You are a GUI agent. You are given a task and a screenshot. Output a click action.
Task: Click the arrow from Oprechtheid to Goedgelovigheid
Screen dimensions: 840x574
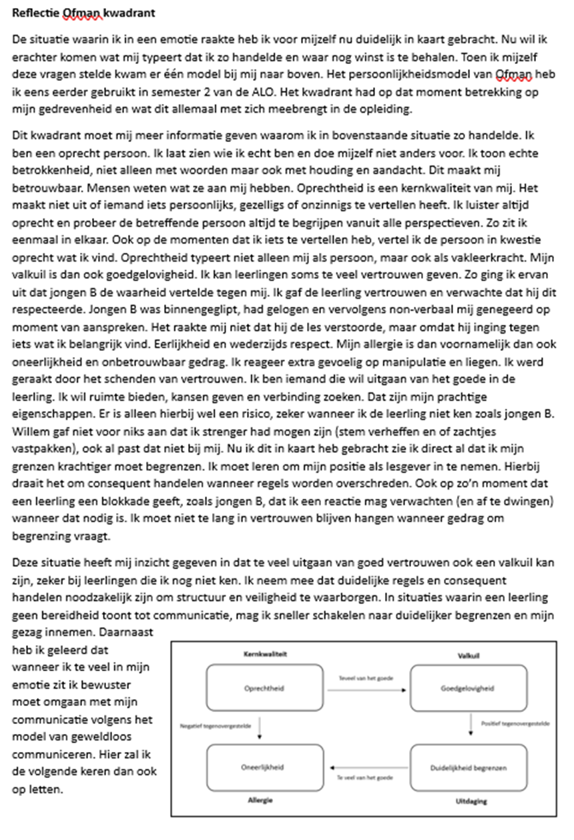(357, 689)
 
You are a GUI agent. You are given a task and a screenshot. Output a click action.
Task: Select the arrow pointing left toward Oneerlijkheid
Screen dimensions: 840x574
(364, 767)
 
